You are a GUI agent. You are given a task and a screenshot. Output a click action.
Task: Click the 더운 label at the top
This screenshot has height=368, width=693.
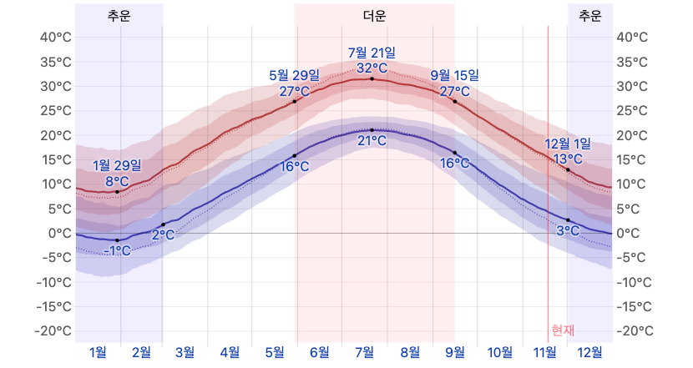[x=375, y=16]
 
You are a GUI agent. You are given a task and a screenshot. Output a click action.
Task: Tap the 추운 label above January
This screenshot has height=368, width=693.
[x=119, y=16]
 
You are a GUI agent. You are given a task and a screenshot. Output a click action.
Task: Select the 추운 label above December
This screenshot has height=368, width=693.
[x=589, y=16]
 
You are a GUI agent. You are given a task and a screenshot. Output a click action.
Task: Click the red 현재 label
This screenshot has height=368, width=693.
[x=563, y=330]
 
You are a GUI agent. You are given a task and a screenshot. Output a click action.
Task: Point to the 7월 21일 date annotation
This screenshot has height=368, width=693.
[x=372, y=53]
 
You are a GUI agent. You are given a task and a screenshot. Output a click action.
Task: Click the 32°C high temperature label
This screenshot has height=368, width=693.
[x=372, y=68]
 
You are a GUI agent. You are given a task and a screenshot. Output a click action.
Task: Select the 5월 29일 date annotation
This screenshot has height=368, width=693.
[x=294, y=75]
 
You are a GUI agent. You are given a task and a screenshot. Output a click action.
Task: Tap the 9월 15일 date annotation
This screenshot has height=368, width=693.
[x=455, y=75]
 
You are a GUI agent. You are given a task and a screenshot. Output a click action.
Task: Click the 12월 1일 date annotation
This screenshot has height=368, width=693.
[x=568, y=144]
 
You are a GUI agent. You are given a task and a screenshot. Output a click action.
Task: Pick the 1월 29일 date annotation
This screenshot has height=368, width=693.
[x=117, y=164]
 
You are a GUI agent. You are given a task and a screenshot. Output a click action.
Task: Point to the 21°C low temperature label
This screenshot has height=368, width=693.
[x=372, y=140]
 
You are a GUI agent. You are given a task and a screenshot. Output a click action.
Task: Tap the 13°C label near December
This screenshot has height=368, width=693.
[x=568, y=159]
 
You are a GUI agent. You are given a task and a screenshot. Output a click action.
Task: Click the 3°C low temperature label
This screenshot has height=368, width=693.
[x=568, y=230]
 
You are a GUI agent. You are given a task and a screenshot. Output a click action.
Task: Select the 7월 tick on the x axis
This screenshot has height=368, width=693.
[x=364, y=352]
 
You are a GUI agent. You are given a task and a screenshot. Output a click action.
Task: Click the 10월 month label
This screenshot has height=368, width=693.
[x=500, y=352]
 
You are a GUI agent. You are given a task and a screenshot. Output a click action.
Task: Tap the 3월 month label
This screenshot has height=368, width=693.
[x=185, y=352]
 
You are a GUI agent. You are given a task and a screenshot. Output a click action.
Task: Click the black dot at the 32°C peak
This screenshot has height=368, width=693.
[x=372, y=78]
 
